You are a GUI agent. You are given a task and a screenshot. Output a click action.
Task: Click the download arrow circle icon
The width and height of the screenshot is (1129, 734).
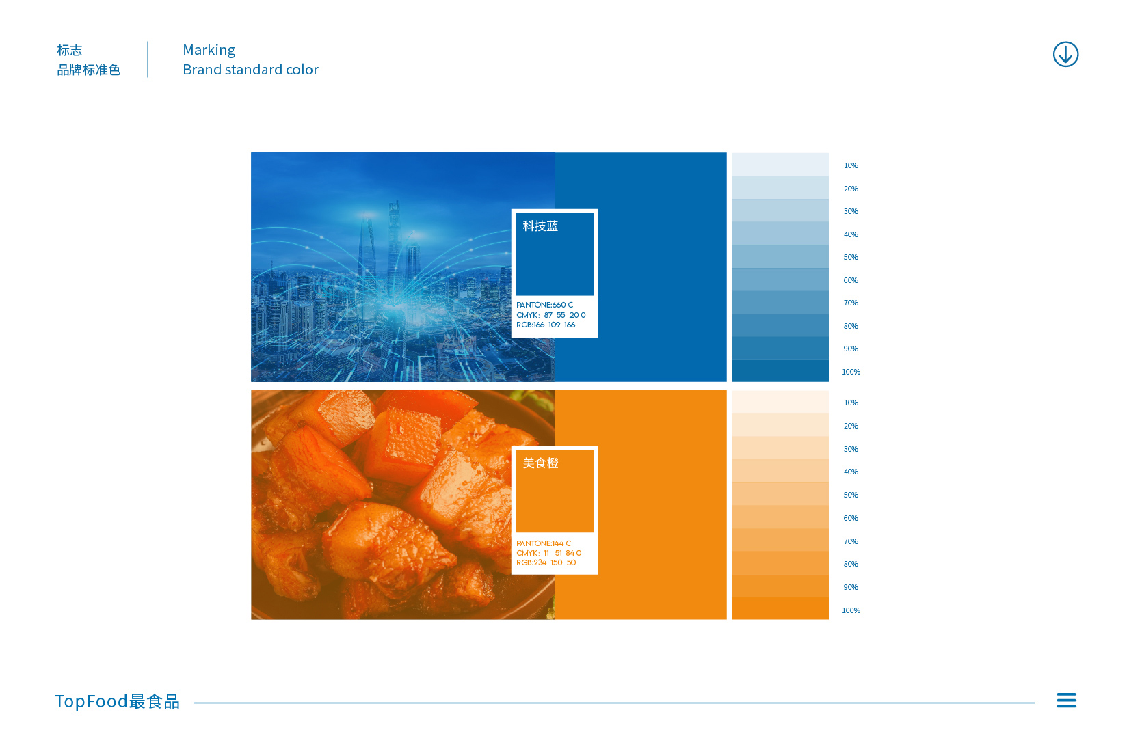[1065, 54]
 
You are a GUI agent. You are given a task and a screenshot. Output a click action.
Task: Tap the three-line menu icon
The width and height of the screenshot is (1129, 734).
[1067, 700]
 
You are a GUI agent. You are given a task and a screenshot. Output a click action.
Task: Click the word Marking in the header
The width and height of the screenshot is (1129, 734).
[209, 50]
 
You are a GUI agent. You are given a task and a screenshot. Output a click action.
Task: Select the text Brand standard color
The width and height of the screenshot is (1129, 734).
[250, 70]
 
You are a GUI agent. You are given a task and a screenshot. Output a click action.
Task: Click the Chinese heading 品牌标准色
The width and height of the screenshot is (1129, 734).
[89, 70]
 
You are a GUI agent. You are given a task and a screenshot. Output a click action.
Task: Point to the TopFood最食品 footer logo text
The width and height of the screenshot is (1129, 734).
[117, 701]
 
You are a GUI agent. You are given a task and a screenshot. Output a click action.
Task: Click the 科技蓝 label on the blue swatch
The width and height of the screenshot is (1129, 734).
[540, 226]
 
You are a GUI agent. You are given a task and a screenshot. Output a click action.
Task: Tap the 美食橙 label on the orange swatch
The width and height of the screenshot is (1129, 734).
[540, 463]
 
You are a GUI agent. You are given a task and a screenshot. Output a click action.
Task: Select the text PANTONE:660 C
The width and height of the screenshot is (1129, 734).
[544, 305]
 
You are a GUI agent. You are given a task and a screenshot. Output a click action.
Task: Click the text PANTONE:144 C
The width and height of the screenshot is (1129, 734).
[544, 543]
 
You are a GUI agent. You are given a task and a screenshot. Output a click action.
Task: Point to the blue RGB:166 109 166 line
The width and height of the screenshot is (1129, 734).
[545, 325]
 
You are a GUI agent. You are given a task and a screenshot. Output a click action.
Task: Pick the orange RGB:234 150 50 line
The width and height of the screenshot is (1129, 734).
[546, 562]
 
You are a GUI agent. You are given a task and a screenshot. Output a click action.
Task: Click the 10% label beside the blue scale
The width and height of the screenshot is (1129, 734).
[851, 166]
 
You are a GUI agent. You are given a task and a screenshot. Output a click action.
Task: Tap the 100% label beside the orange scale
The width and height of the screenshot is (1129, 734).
[851, 610]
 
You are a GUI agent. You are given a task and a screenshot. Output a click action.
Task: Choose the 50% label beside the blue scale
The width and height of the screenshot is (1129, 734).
[851, 258]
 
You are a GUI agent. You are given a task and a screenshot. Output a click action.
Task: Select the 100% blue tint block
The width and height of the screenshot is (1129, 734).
[780, 371]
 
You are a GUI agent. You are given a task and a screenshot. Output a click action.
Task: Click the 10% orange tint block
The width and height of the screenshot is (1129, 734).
[780, 402]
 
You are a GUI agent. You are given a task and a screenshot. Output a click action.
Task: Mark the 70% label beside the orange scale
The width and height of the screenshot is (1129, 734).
[851, 541]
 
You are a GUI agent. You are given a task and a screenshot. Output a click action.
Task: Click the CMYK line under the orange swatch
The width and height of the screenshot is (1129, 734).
[548, 553]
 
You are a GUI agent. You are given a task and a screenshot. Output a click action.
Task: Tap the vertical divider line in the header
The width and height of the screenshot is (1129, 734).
[148, 59]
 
